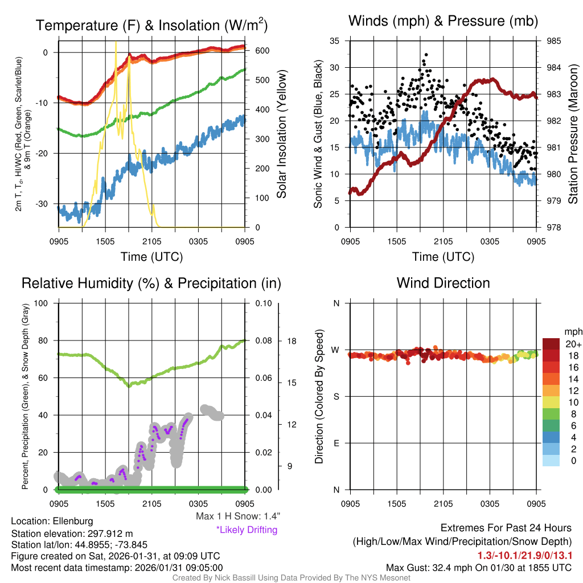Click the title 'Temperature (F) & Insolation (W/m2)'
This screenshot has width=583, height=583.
pos(151,25)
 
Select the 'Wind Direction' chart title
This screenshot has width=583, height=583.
pos(443,283)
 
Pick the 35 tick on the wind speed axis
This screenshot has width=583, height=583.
pos(335,41)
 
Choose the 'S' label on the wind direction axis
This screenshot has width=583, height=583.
pos(336,396)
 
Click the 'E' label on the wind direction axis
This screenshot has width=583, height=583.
pos(336,443)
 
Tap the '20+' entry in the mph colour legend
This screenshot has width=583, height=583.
pos(572,344)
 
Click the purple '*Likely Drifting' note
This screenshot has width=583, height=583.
pos(247,530)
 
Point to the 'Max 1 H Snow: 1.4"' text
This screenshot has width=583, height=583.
pos(237,516)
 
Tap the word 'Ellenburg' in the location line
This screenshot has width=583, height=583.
pos(73,521)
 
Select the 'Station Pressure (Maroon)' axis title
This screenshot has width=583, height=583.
pos(573,134)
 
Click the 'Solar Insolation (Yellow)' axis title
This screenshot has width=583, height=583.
pos(282,134)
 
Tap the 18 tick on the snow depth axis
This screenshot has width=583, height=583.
pos(290,341)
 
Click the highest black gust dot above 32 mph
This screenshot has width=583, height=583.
pos(424,55)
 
